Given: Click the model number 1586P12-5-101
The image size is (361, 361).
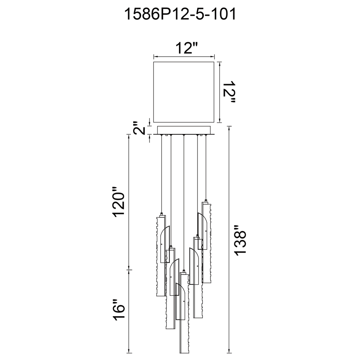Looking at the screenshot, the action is coord(180,14).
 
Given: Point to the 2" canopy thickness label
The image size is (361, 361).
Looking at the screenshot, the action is coord(139,128).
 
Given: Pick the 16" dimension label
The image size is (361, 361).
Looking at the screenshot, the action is coord(119,309).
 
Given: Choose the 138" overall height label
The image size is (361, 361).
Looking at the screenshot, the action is coord(240,240).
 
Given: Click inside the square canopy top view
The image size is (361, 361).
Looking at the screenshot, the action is coord(184,92).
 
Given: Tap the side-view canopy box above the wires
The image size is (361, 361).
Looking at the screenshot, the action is coord(184,130).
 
